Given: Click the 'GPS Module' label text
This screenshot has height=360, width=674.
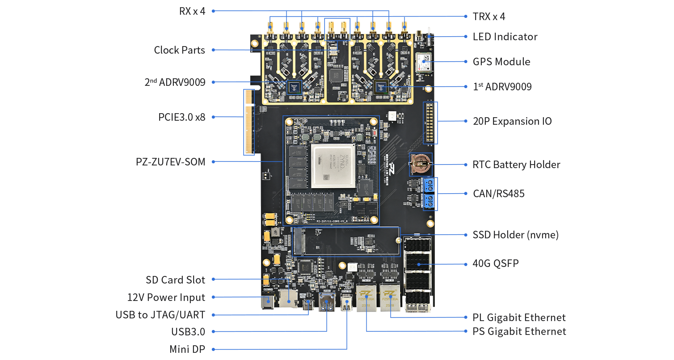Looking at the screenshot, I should tap(501, 62).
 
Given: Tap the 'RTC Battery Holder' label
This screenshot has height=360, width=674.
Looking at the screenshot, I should tap(516, 165).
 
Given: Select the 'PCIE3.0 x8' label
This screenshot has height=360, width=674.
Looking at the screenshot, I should tap(181, 117).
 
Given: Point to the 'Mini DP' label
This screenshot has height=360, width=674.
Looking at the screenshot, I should tap(187, 349).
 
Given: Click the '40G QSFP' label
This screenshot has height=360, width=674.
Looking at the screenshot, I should tap(496, 263).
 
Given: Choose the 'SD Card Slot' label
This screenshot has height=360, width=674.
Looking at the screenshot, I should tap(175, 280).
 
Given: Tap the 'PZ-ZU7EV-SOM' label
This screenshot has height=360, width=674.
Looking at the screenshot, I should tap(170, 162).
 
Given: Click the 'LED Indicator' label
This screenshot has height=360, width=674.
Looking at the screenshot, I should tap(505, 37).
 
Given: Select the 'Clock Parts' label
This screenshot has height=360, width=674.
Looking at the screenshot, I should tap(179, 50).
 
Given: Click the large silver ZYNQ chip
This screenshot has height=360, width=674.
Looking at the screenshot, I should tap(333, 165).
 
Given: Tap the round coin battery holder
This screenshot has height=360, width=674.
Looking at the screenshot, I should tap(420, 164).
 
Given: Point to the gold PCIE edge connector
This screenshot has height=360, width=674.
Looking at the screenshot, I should tap(249, 122).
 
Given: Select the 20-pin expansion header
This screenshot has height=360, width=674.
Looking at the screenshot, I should tap(430, 123).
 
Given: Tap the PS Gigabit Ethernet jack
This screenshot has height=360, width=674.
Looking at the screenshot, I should tap(366, 297).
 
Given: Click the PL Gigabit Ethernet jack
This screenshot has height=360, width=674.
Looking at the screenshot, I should tap(390, 297).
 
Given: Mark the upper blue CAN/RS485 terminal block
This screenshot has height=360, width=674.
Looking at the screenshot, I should tap(430, 185).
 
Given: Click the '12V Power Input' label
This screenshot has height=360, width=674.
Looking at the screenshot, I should tap(166, 297).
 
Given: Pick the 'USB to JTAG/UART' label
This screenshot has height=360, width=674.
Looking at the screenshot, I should tap(160, 315).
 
